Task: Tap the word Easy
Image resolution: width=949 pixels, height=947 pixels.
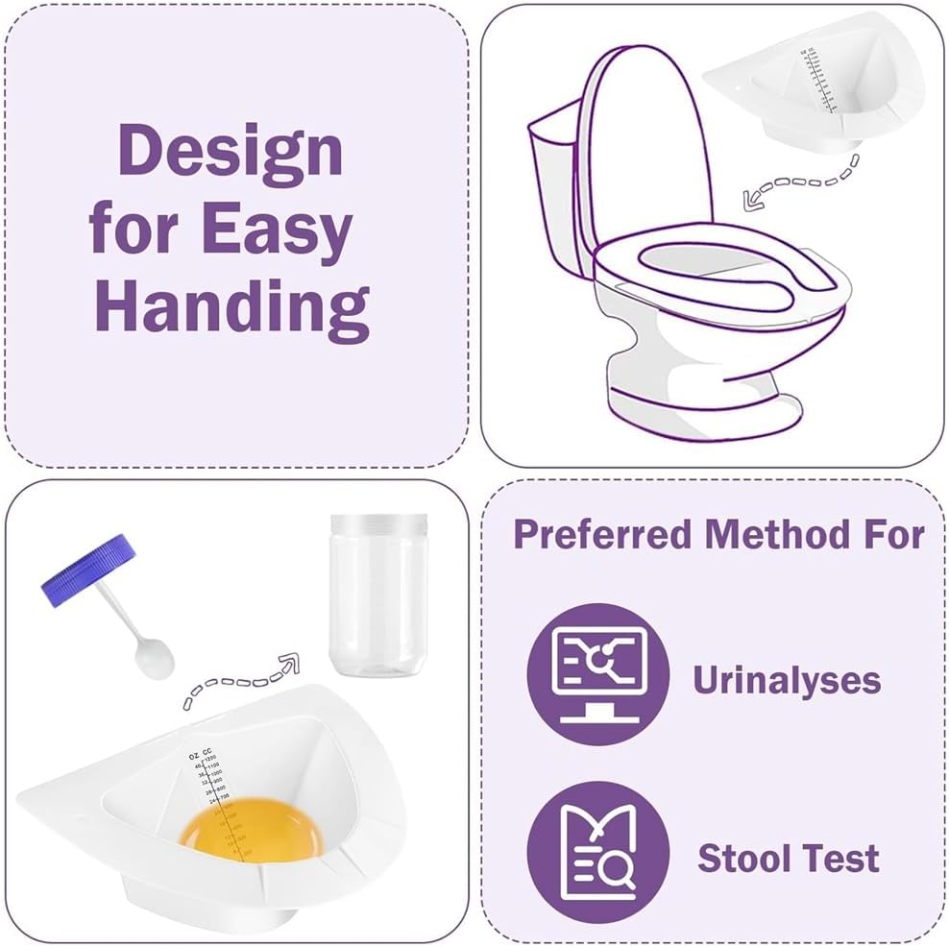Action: point(277,231)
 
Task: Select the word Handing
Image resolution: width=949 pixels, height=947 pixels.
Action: point(231,306)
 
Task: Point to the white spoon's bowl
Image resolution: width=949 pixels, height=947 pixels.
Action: point(154,657)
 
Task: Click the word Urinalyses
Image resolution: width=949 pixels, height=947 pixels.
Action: point(786,680)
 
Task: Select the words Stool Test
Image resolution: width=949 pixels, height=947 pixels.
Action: point(788,857)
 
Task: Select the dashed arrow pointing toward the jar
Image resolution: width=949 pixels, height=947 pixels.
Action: point(240,681)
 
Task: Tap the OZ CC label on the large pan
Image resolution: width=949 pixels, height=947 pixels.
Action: point(201,756)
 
